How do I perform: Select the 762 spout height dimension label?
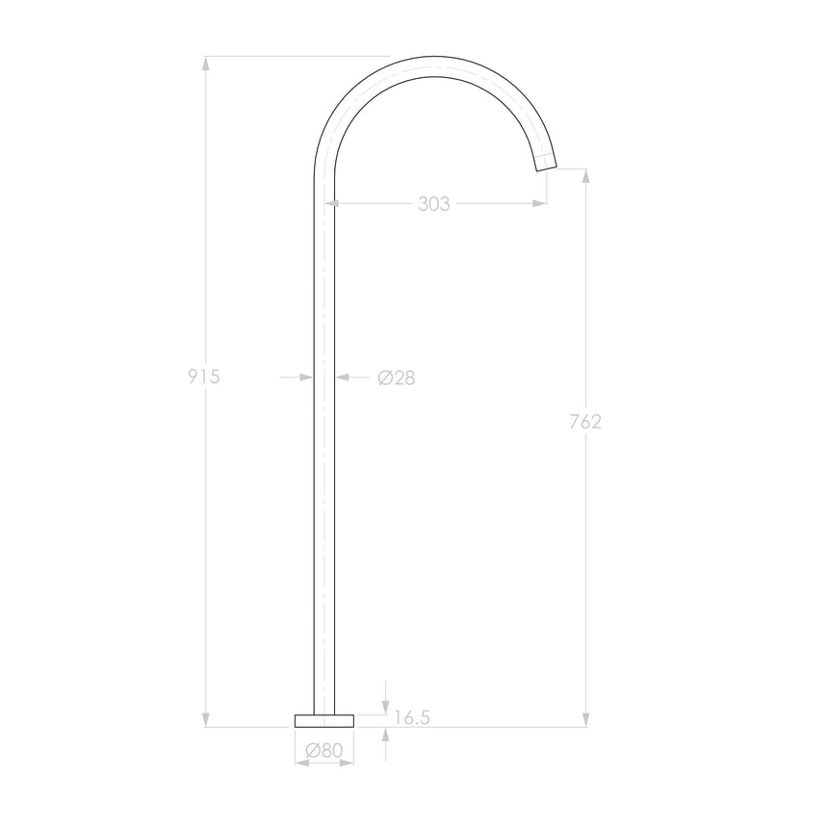coord(585,421)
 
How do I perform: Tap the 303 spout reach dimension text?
coord(434,204)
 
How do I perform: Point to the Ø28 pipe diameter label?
coord(397,378)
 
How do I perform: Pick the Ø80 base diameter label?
coord(324,749)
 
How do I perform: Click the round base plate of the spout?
coord(324,719)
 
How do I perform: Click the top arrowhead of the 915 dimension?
coord(205,64)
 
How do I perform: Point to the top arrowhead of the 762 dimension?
coord(585,175)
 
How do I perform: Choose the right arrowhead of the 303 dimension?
coord(541,203)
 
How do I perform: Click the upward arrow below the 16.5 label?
coord(385,734)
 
